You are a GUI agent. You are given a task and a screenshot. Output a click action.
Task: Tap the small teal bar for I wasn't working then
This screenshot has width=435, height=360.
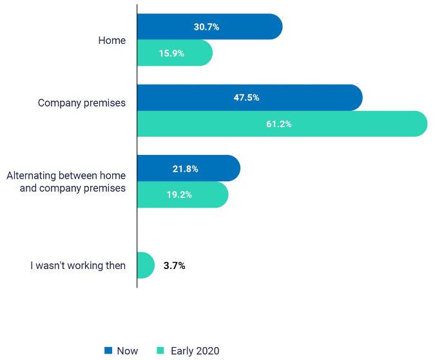click(145, 265)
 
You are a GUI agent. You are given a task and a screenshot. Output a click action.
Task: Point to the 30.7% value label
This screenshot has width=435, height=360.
click(206, 27)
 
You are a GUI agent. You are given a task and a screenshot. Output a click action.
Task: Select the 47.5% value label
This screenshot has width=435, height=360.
click(246, 98)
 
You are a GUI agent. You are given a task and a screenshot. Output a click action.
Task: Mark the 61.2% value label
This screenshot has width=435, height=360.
click(278, 124)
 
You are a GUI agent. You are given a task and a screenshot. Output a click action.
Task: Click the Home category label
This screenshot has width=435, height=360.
click(111, 40)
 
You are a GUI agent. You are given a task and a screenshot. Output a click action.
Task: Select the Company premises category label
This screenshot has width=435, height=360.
click(82, 103)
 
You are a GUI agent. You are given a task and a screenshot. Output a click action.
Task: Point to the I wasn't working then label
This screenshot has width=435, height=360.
click(78, 265)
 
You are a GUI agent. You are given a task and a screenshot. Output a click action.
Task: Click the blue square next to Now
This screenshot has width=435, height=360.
click(108, 350)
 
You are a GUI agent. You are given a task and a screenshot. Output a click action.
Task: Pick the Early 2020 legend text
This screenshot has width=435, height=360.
click(195, 351)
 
